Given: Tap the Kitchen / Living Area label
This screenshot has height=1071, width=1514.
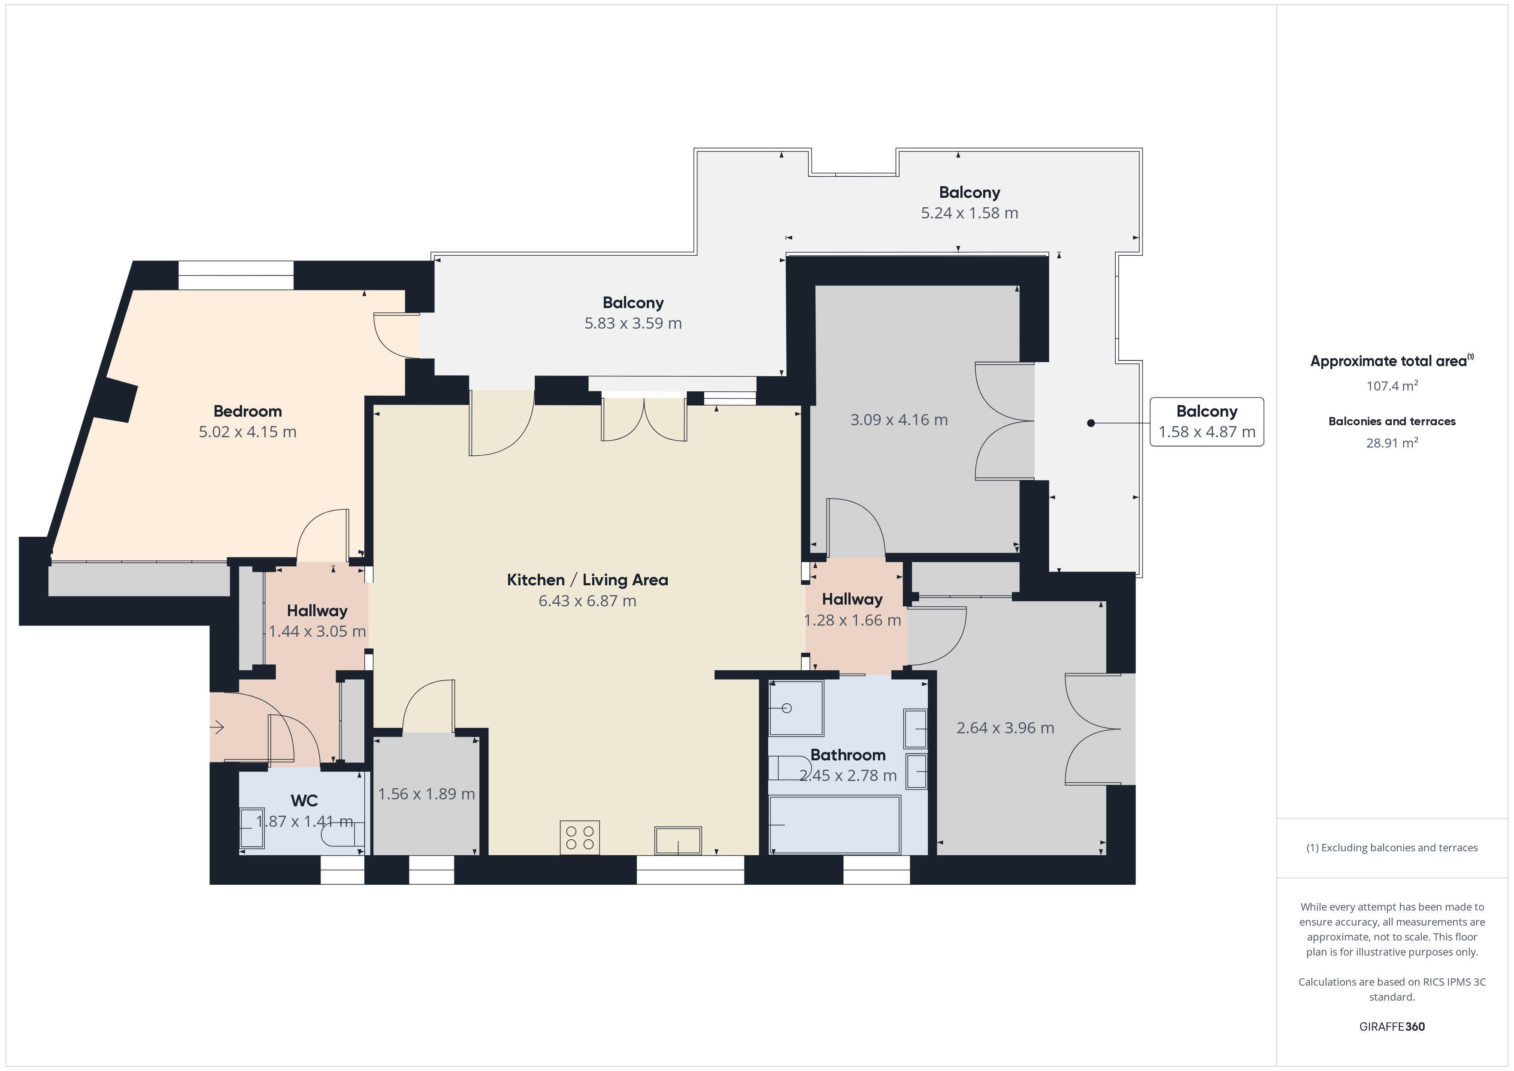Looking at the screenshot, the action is pyautogui.click(x=587, y=581).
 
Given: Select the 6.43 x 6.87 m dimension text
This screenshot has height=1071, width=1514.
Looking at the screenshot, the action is pyautogui.click(x=587, y=601).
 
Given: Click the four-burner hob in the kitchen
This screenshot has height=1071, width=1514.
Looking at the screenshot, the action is pyautogui.click(x=580, y=838).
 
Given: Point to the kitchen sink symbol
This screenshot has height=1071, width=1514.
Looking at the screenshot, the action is pyautogui.click(x=678, y=840).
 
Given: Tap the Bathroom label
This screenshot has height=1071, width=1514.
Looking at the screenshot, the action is pyautogui.click(x=848, y=755).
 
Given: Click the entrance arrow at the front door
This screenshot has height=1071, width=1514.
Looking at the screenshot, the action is pyautogui.click(x=217, y=727).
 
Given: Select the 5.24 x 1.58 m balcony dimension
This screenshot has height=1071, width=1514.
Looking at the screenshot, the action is pyautogui.click(x=969, y=213).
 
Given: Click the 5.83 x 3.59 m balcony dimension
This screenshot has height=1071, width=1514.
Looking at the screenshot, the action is pyautogui.click(x=633, y=323).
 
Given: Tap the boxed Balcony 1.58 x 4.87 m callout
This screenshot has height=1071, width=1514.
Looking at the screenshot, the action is pyautogui.click(x=1207, y=422).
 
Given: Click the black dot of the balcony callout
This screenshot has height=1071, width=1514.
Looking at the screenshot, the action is pyautogui.click(x=1091, y=423).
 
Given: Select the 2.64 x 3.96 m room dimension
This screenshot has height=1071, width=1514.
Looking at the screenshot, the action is pyautogui.click(x=1005, y=728).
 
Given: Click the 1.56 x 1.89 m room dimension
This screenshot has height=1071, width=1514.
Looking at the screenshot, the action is pyautogui.click(x=426, y=794).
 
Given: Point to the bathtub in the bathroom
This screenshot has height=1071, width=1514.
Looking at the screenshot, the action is pyautogui.click(x=835, y=824).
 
